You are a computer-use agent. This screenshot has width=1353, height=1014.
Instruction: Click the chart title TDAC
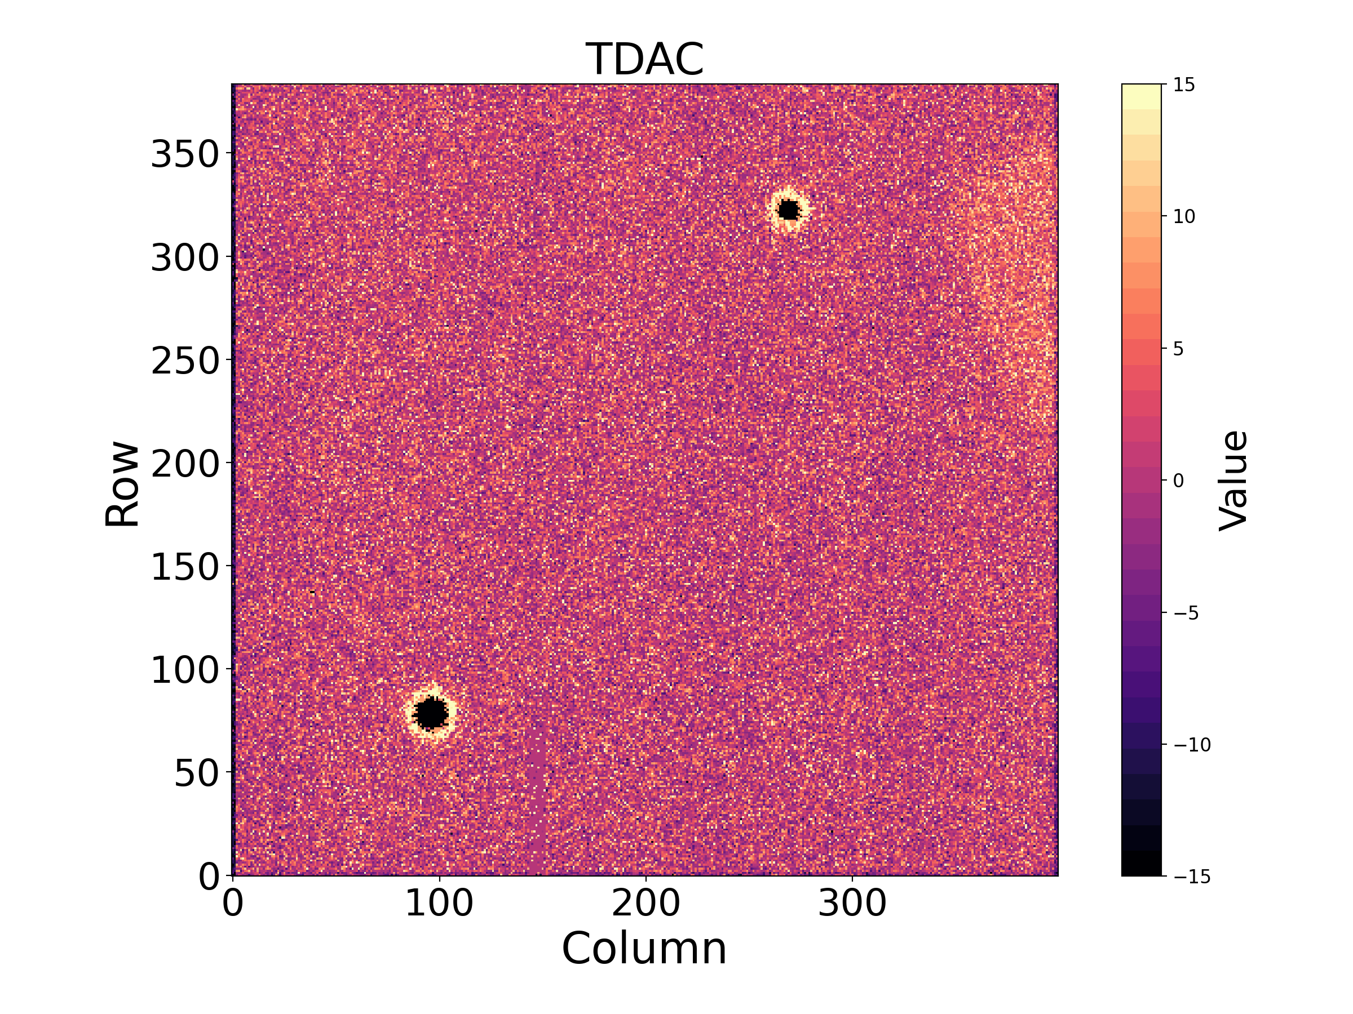(x=645, y=59)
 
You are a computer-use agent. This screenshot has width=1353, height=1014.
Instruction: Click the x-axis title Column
(x=645, y=949)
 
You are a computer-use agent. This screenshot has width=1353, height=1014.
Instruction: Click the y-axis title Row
(x=122, y=483)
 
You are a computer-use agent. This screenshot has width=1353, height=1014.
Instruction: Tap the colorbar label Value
(x=1233, y=481)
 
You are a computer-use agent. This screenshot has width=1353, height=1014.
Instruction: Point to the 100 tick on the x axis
(x=439, y=904)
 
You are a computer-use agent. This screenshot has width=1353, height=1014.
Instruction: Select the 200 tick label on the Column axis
(x=646, y=904)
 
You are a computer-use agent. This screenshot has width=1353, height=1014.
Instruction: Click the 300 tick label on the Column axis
(x=852, y=904)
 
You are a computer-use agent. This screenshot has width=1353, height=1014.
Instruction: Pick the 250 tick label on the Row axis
(x=185, y=361)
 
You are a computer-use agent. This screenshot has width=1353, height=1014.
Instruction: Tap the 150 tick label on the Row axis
(x=185, y=567)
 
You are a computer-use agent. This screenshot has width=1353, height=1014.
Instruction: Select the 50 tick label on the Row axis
(x=196, y=774)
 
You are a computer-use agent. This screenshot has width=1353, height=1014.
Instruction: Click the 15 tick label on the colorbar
(x=1184, y=85)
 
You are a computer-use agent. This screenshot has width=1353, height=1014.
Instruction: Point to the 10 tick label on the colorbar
(x=1184, y=216)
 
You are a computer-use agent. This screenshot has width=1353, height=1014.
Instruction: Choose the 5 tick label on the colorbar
(x=1179, y=349)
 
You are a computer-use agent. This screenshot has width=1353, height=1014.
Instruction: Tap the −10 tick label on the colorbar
(x=1191, y=745)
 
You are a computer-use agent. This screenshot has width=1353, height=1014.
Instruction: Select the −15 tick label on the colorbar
(x=1191, y=877)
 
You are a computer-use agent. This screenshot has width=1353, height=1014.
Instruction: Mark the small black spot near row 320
(x=789, y=210)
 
